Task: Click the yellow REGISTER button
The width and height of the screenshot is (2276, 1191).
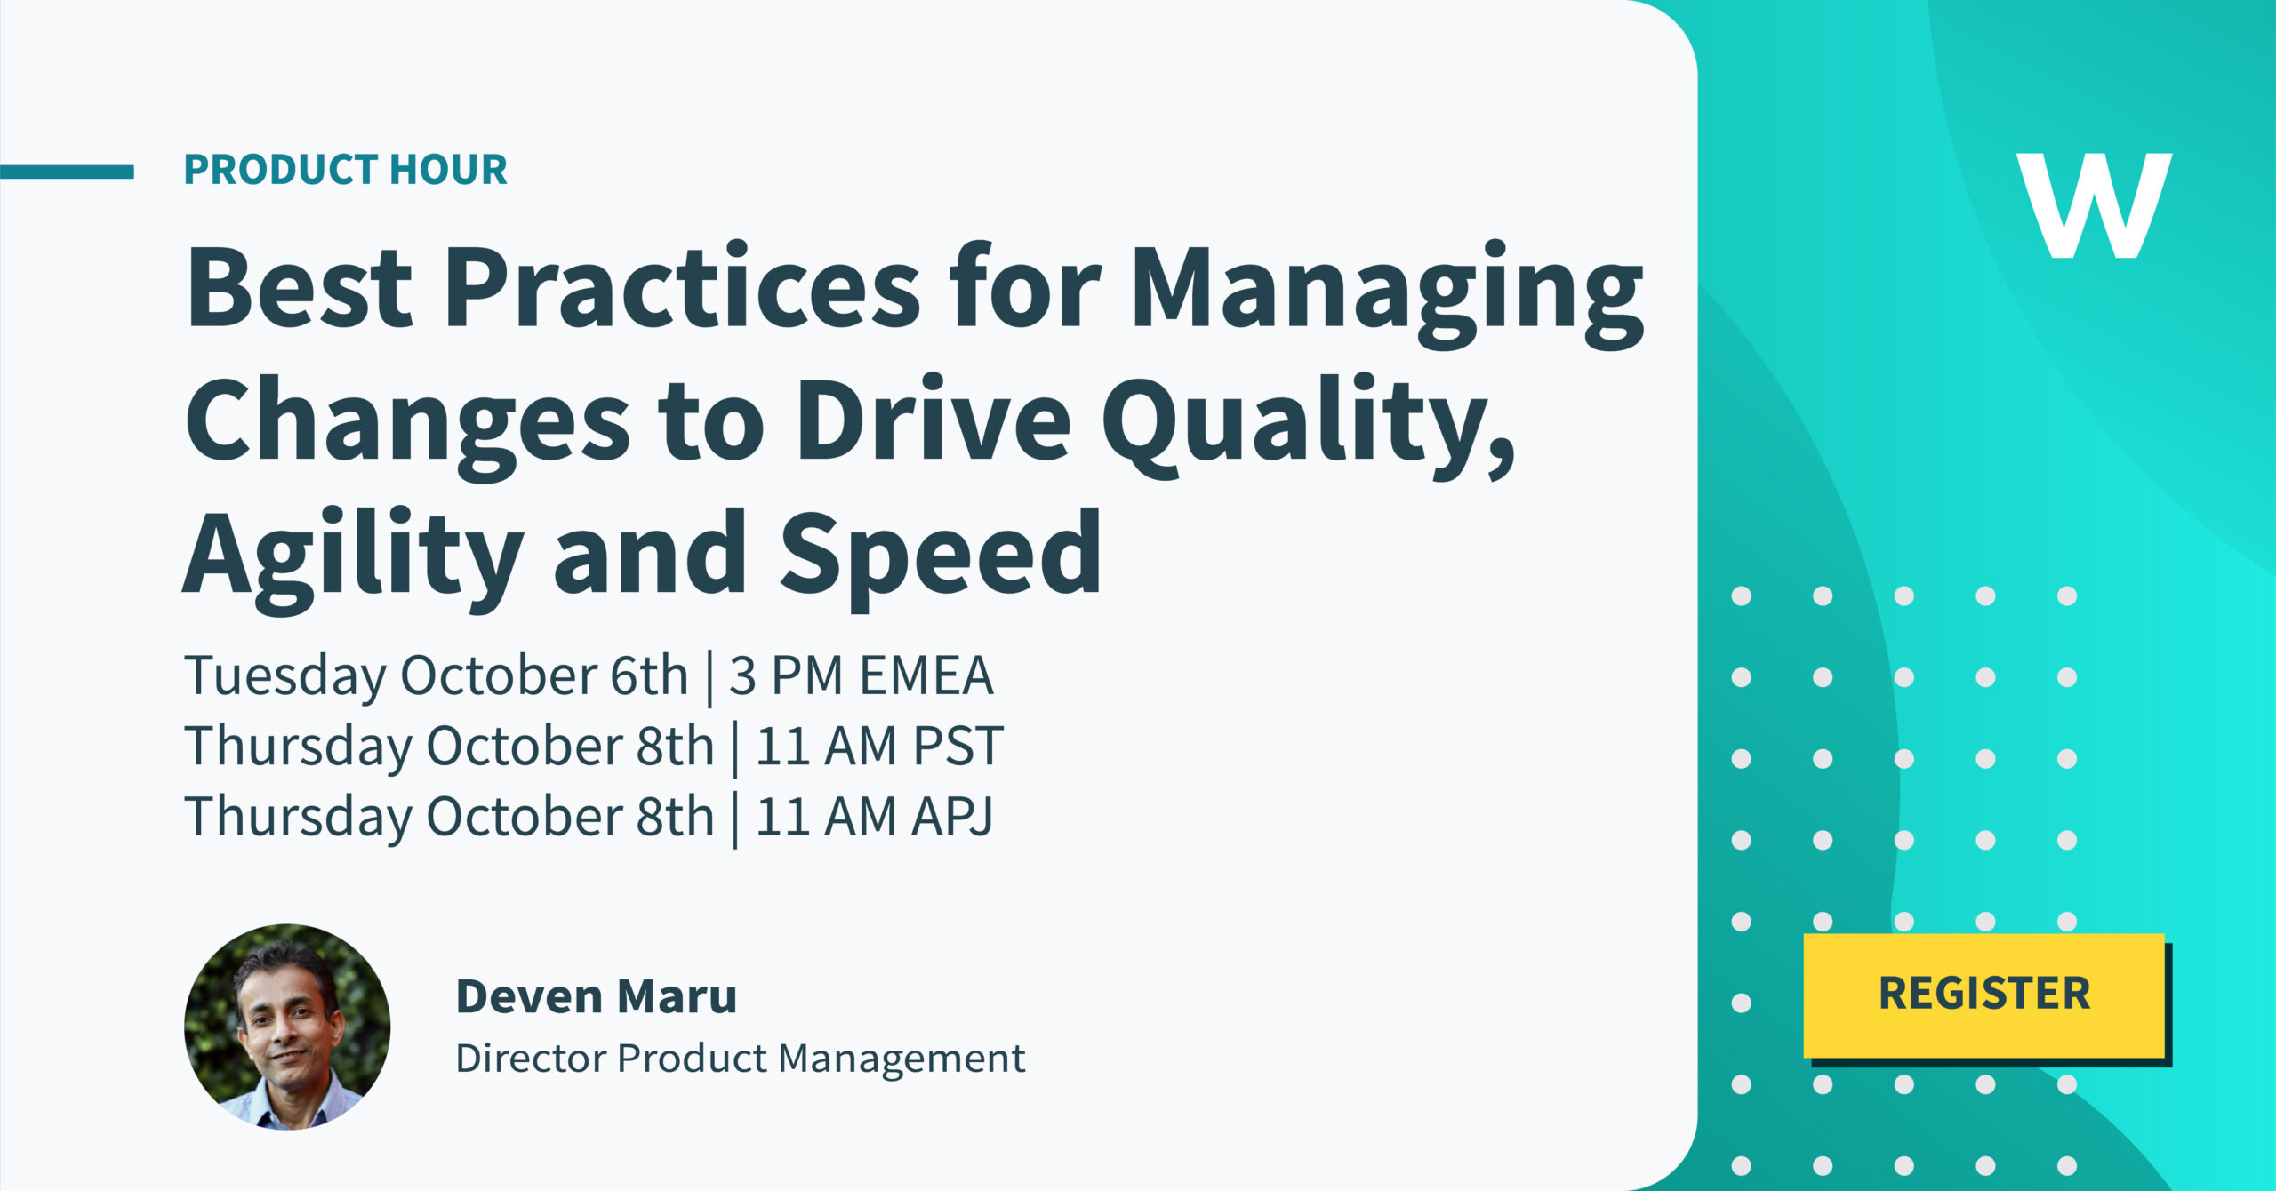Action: pos(1983,995)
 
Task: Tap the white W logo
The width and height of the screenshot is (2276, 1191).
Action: pos(2094,205)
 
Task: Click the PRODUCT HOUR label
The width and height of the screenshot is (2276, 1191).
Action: pos(345,170)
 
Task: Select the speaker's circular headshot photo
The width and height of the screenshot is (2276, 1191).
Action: pos(287,1027)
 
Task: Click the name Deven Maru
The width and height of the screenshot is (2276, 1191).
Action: pos(597,995)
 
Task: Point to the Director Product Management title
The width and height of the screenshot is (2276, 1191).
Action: pos(741,1058)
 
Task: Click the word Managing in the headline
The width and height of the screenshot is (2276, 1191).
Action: pos(1387,294)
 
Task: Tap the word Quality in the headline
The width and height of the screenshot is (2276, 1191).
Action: pos(1309,427)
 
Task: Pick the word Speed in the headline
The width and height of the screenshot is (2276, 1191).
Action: pos(941,559)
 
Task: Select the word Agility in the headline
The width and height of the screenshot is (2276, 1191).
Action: pos(353,559)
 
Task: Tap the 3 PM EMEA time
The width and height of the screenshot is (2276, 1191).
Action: pos(861,675)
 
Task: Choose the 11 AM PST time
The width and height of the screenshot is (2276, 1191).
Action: pos(879,746)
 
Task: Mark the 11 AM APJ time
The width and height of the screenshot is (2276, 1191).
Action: pos(874,817)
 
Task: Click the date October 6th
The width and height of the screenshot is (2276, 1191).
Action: pos(544,675)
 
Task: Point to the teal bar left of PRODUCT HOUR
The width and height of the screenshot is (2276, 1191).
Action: pos(67,172)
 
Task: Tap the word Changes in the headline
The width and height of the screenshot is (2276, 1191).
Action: pos(408,427)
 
